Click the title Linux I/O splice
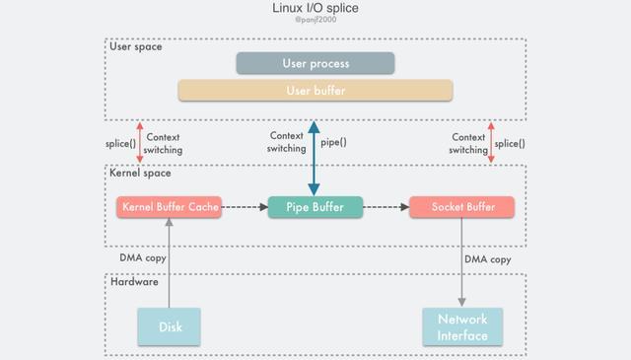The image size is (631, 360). [315, 8]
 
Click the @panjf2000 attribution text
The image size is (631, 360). [315, 21]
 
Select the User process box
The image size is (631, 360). [315, 63]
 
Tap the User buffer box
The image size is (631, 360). [315, 91]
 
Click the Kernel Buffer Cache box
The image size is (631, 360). [169, 207]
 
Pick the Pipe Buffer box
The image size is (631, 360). [315, 207]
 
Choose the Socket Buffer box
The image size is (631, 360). [461, 207]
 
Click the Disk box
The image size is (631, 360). [170, 326]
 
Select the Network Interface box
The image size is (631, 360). [462, 327]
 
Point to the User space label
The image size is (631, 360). [136, 46]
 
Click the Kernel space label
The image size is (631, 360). [140, 173]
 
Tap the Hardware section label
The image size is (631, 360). [134, 282]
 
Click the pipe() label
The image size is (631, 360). [334, 142]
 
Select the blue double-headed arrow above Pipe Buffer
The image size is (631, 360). [314, 158]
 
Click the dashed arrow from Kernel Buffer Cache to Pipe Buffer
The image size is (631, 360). [244, 207]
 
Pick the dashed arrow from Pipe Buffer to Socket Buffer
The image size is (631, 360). [386, 207]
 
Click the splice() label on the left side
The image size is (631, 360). [120, 143]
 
